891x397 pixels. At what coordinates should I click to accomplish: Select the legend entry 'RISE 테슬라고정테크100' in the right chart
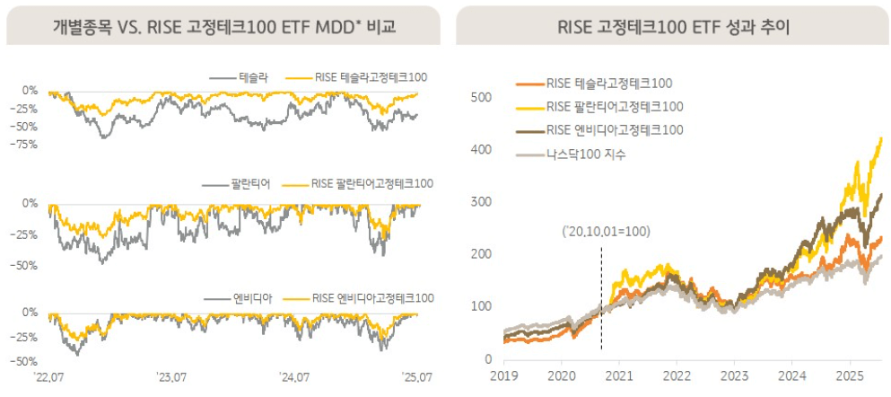pyautogui.click(x=608, y=84)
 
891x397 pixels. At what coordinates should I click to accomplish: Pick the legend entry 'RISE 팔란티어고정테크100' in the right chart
pyautogui.click(x=614, y=107)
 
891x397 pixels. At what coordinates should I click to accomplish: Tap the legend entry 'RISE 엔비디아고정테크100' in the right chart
pyautogui.click(x=614, y=130)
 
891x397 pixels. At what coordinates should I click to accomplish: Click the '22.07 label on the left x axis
pyautogui.click(x=48, y=376)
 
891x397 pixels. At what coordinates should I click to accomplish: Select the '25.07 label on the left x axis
pyautogui.click(x=417, y=376)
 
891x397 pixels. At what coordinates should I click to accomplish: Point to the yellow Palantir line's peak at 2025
pyautogui.click(x=879, y=138)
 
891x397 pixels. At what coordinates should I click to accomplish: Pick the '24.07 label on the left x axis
pyautogui.click(x=293, y=376)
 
